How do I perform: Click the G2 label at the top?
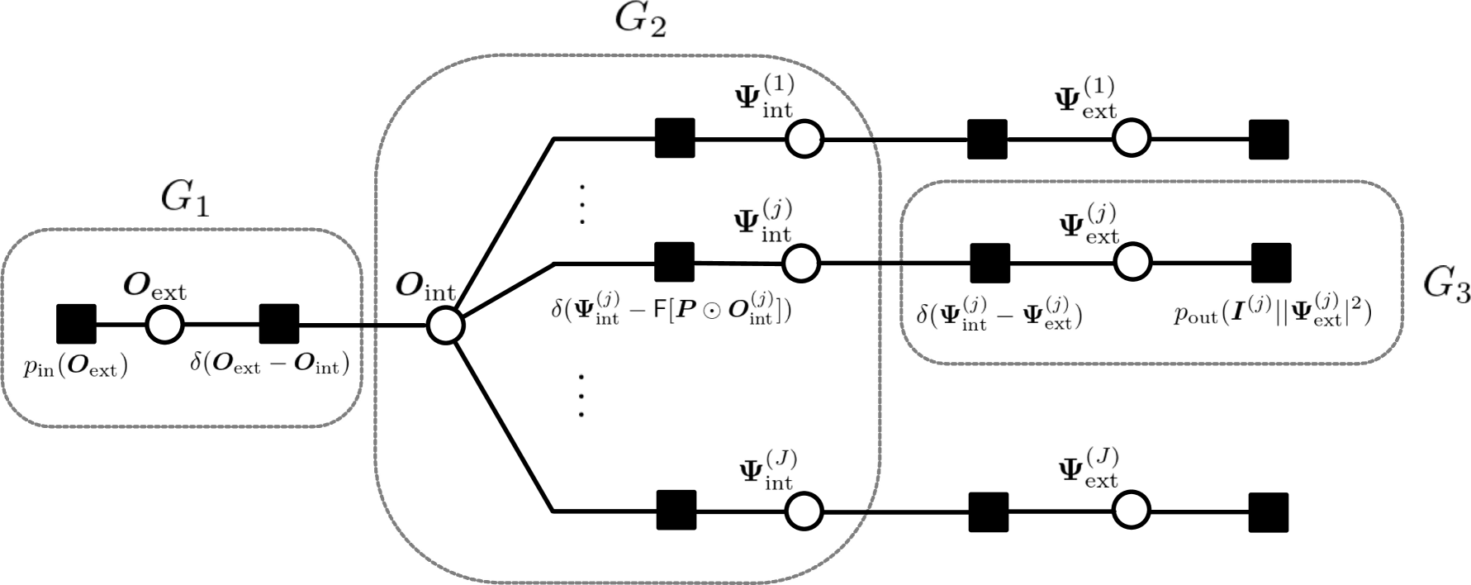click(640, 18)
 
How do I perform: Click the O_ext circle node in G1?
click(164, 324)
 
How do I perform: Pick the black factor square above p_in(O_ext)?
click(76, 324)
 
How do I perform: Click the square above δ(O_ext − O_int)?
click(279, 324)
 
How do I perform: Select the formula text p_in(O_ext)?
click(75, 367)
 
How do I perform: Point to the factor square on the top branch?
click(675, 138)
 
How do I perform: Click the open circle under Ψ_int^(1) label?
click(804, 139)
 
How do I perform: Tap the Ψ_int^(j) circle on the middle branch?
click(801, 264)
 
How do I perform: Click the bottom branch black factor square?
click(676, 510)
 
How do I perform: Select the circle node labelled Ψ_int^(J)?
click(804, 511)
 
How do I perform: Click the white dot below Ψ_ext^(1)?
click(1131, 138)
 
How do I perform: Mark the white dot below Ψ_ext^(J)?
click(1131, 511)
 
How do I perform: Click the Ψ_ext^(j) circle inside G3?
click(1132, 263)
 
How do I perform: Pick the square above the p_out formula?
click(1270, 263)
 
